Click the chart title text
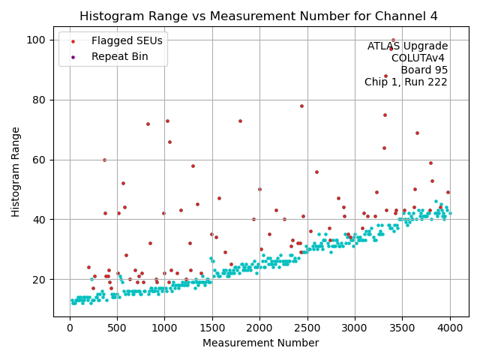(259, 16)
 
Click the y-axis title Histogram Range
(16, 172)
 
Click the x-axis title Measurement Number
(260, 343)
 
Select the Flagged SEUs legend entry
(127, 40)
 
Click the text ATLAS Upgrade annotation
(407, 46)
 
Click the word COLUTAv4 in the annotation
(419, 58)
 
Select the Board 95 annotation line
(424, 70)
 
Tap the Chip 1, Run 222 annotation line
(406, 82)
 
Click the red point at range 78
(301, 106)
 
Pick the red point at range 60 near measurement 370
(104, 160)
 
